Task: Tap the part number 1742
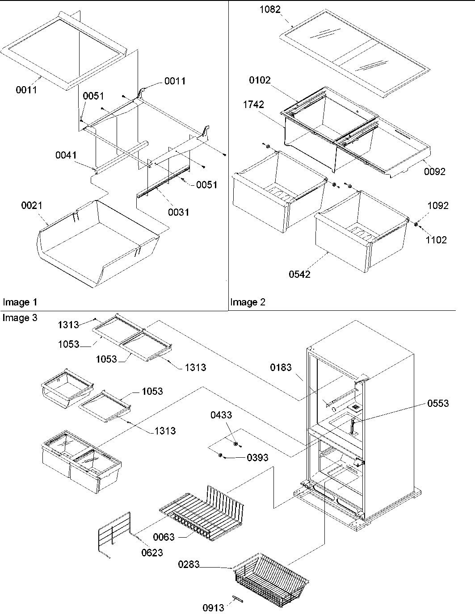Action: pos(253,104)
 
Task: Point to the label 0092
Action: pos(435,171)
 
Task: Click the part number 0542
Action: pos(299,274)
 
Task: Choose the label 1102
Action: pos(436,240)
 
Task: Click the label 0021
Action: pos(32,205)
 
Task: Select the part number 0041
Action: pos(66,155)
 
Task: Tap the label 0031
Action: pos(178,212)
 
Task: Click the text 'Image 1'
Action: pos(20,302)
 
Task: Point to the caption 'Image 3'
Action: pos(20,317)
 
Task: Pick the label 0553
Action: pos(438,403)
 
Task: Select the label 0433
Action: pos(221,415)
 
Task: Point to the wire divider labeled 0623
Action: pos(114,534)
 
